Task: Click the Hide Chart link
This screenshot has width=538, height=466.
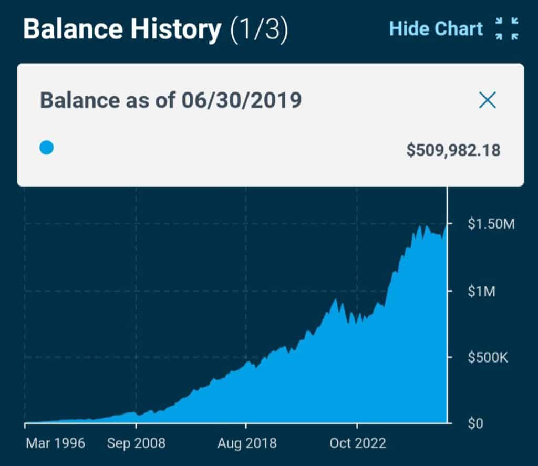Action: [x=436, y=28]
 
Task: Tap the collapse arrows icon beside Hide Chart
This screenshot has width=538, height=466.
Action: [x=507, y=28]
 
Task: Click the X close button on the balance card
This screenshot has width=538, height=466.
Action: [x=488, y=100]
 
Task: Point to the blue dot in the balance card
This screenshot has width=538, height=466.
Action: [x=47, y=148]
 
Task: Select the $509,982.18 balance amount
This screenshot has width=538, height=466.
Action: [x=453, y=151]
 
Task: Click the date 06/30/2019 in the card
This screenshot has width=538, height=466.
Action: [x=242, y=100]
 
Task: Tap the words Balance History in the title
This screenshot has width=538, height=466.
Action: [x=122, y=29]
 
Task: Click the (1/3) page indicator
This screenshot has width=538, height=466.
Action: [x=260, y=30]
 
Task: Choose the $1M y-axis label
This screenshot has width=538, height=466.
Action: [x=481, y=291]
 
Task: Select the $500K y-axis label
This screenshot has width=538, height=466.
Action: [x=488, y=358]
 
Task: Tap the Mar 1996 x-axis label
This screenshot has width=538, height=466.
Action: [x=55, y=443]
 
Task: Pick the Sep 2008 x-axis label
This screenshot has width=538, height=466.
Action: [x=136, y=443]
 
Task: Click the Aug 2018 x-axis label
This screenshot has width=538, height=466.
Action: [x=247, y=443]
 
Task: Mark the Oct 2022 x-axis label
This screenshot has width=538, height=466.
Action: [x=357, y=443]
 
